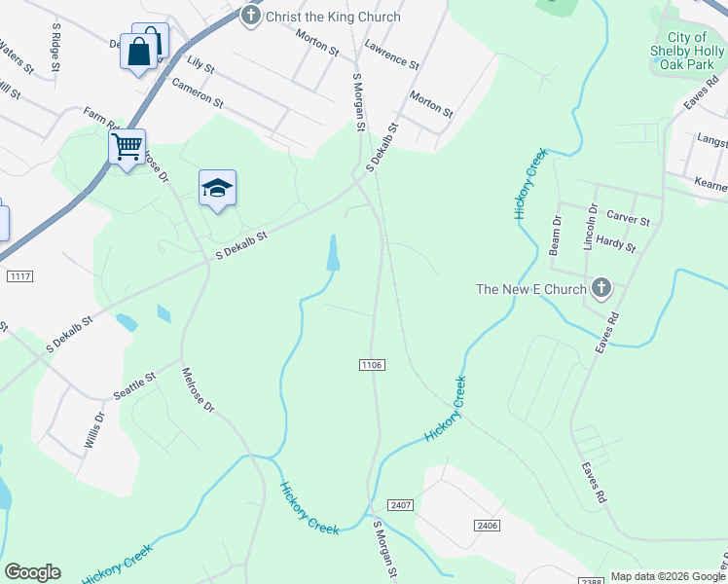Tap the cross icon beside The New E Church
tap(601, 287)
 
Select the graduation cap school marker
tap(217, 189)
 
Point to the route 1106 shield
tap(372, 364)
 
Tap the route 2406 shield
tap(489, 526)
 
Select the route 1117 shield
tap(19, 277)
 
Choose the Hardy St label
tap(615, 246)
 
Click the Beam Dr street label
tap(557, 235)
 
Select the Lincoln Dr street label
tap(590, 228)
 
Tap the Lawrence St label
tap(391, 55)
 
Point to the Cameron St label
tap(198, 93)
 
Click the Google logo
tap(32, 572)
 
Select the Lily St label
tap(200, 64)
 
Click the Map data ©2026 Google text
tap(666, 576)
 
